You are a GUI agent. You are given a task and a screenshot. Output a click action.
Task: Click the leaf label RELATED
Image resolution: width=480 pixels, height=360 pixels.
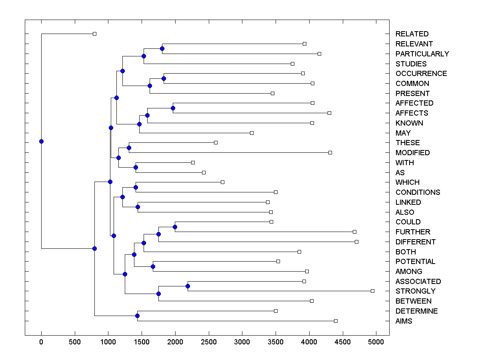[412, 34]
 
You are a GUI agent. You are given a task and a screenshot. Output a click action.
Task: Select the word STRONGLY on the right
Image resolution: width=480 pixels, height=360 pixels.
[415, 291]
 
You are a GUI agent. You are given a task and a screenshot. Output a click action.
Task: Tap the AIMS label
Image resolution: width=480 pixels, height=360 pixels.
[404, 321]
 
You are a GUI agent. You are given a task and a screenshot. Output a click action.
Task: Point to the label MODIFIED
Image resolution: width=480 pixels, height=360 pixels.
[412, 153]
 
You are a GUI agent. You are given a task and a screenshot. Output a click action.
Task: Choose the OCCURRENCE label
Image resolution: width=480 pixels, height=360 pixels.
[421, 74]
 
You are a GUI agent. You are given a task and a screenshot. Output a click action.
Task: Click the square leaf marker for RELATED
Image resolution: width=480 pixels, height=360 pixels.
[94, 34]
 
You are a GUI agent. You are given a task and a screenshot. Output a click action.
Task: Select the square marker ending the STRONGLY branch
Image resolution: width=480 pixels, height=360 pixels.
[372, 291]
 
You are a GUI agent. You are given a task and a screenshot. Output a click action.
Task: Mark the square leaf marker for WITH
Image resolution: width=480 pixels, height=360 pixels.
[193, 162]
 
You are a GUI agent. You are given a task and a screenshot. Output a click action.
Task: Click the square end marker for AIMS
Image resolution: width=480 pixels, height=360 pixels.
[336, 321]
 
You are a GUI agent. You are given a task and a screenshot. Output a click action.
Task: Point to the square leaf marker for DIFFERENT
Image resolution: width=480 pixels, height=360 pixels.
[356, 242]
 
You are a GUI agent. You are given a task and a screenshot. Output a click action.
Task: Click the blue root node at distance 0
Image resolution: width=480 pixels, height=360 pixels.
[41, 141]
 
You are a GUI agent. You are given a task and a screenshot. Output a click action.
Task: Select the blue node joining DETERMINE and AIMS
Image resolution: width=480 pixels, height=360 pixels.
[137, 316]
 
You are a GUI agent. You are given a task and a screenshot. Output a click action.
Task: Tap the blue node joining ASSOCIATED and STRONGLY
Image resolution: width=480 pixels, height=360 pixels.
[188, 286]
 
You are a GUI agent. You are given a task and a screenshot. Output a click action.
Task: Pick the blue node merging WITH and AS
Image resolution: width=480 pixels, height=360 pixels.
[136, 168]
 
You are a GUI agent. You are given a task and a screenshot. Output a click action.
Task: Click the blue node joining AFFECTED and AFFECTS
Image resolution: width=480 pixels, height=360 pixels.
[173, 108]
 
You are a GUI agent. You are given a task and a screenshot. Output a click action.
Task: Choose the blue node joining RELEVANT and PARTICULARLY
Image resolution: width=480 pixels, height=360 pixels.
[162, 49]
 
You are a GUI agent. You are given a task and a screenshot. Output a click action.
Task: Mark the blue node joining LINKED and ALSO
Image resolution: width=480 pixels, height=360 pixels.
[138, 207]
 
